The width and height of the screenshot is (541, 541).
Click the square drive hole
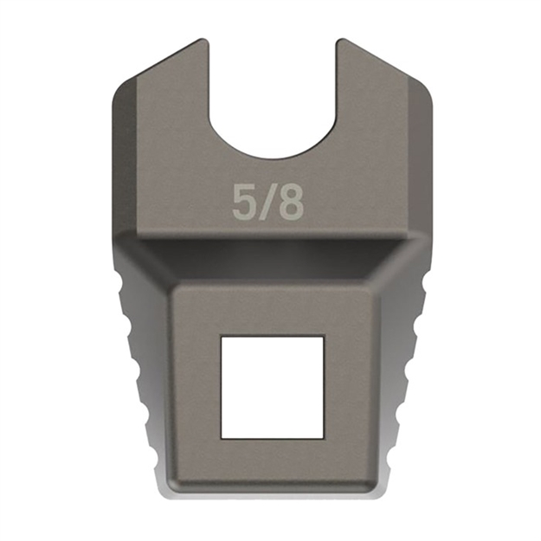pyautogui.click(x=272, y=386)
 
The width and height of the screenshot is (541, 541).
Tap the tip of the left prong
pyautogui.click(x=204, y=43)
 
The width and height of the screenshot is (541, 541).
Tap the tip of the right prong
pyautogui.click(x=339, y=43)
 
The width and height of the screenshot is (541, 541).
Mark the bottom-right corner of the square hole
pyautogui.click(x=323, y=435)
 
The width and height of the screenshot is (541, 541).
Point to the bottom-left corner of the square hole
pyautogui.click(x=222, y=435)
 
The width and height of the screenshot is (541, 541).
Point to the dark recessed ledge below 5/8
pyautogui.click(x=272, y=260)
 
